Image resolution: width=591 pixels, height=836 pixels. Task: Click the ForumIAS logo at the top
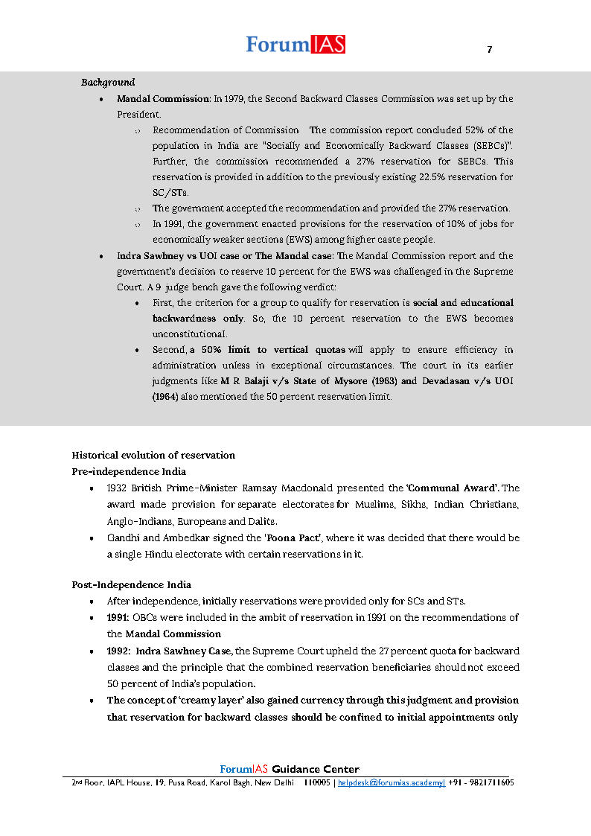pos(295,45)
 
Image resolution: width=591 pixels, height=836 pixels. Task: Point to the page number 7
pos(489,50)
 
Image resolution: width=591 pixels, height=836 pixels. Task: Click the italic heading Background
pos(108,82)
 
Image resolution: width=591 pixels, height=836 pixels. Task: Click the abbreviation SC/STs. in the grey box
pos(170,193)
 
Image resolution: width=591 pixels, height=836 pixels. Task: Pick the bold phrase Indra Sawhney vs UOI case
pos(172,256)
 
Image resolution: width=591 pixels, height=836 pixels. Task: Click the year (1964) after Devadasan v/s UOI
pos(165,397)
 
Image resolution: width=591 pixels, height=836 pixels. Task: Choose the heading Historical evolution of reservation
pos(153,455)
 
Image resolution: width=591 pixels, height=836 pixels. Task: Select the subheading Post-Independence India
pos(131,584)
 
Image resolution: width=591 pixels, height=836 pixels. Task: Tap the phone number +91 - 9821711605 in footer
pos(481,783)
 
